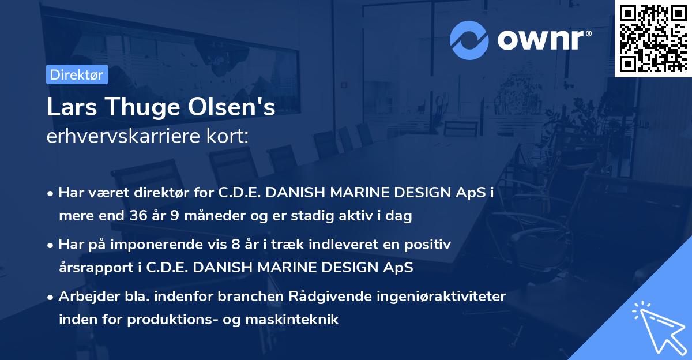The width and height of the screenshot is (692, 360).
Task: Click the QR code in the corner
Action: click(653, 38)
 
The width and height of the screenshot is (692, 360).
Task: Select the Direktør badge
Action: click(76, 74)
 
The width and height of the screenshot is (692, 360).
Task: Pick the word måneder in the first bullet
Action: click(215, 216)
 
